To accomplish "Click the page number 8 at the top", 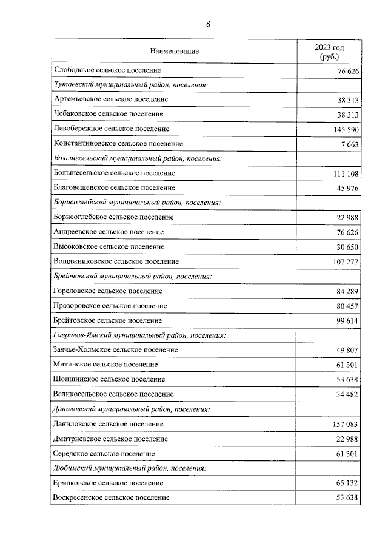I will tap(208, 24).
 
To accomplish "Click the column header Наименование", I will tap(175, 52).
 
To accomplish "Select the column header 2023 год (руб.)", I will tap(329, 52).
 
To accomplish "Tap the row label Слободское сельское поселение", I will tap(107, 71).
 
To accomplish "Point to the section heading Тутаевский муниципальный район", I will tap(131, 85).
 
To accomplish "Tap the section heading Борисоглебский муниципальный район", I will tap(136, 202).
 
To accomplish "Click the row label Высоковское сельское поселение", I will tap(109, 247).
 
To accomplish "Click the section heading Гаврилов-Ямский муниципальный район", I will tap(140, 335).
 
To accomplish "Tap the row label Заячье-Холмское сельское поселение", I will tap(116, 350).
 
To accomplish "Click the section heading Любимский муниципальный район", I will tap(130, 468).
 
